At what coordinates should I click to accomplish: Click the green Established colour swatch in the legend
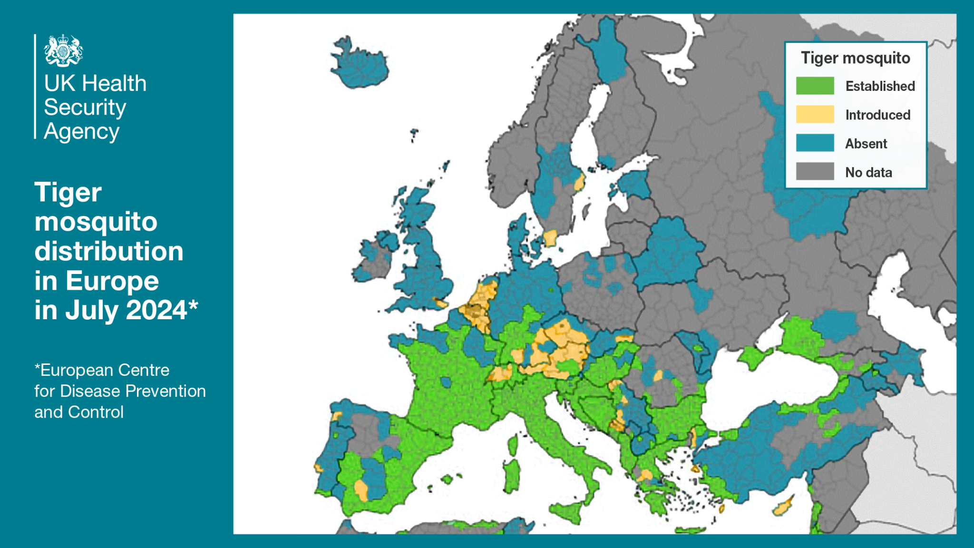[x=815, y=86]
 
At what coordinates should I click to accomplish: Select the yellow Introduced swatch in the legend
[x=815, y=114]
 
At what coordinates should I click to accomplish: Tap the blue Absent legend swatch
[x=815, y=143]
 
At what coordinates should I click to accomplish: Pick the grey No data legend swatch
[x=815, y=171]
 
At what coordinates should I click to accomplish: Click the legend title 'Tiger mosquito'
[x=855, y=58]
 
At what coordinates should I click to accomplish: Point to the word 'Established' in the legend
[x=880, y=86]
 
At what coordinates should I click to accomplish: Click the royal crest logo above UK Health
[x=63, y=50]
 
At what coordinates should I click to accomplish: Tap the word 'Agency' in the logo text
[x=81, y=131]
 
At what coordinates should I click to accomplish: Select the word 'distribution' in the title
[x=109, y=251]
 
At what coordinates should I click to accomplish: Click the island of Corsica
[x=512, y=445]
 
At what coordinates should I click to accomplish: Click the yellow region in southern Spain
[x=361, y=490]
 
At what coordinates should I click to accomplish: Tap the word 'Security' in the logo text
[x=85, y=108]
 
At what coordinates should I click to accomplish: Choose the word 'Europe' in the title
[x=112, y=281]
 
